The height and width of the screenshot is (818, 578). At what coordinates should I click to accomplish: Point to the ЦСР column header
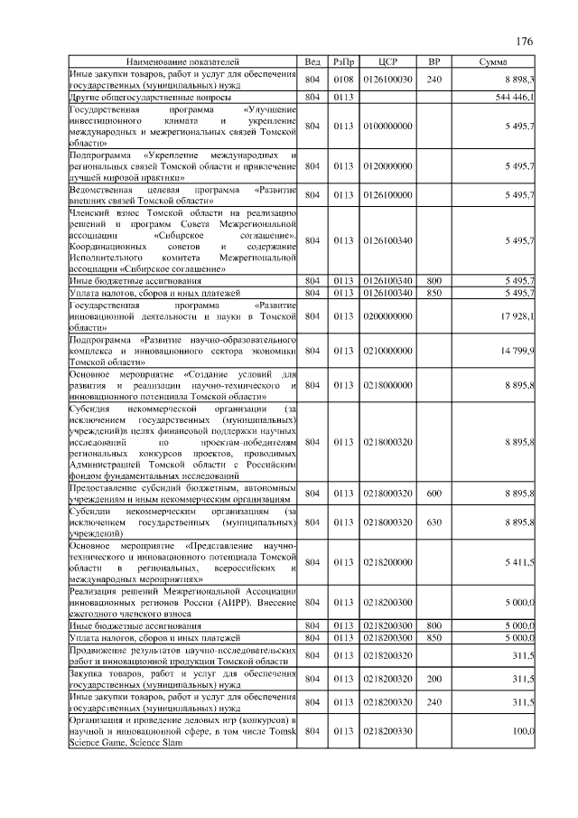[x=388, y=61]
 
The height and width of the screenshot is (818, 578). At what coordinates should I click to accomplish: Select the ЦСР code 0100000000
[x=388, y=127]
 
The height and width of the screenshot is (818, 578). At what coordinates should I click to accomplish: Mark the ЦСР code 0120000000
[x=388, y=167]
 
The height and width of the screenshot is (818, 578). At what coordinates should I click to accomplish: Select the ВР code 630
[x=433, y=522]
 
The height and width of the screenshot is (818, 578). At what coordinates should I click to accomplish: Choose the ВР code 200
[x=433, y=678]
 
